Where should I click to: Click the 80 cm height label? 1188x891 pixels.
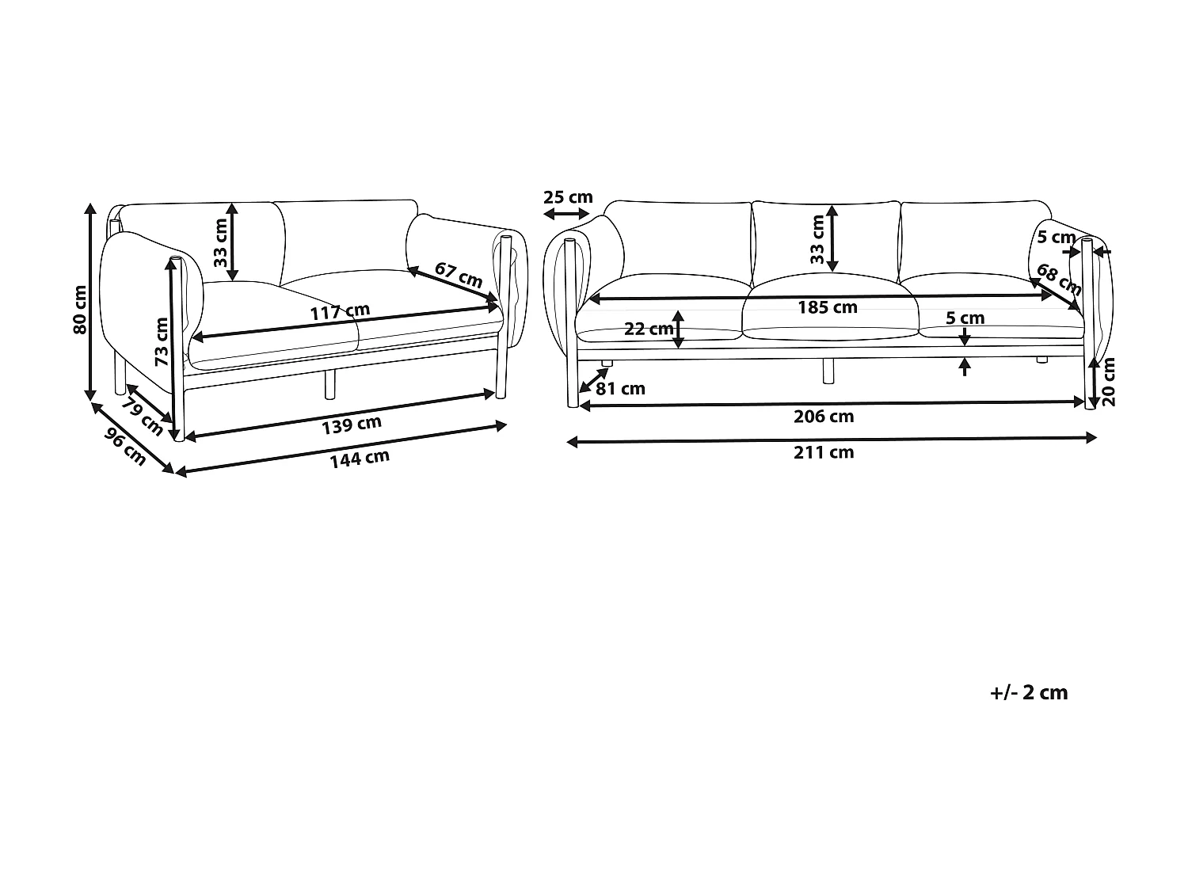[x=80, y=310]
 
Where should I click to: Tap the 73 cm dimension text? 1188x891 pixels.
[x=162, y=341]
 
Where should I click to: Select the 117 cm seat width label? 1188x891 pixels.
[x=340, y=311]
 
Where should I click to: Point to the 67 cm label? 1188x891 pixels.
[x=459, y=275]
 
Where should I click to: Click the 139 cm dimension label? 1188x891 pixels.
[x=352, y=425]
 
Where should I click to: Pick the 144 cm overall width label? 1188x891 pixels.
[x=360, y=459]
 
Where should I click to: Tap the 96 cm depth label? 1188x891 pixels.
[x=126, y=447]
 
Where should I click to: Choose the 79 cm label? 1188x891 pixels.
[x=142, y=417]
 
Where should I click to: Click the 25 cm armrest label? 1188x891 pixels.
[x=568, y=197]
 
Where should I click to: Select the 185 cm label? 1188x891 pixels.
[x=828, y=307]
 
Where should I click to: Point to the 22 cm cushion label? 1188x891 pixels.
[x=649, y=329]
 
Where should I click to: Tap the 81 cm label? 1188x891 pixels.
[x=620, y=388]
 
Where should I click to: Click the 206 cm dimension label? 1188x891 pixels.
[x=824, y=417]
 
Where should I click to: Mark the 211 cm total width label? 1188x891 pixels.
[x=824, y=452]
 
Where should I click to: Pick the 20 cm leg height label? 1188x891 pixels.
[x=1109, y=382]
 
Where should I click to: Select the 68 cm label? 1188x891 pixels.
[x=1059, y=280]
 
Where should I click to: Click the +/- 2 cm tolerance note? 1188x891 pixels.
[x=1029, y=693]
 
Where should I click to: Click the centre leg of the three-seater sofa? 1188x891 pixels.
[x=828, y=371]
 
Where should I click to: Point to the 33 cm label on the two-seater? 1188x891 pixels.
[x=221, y=242]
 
